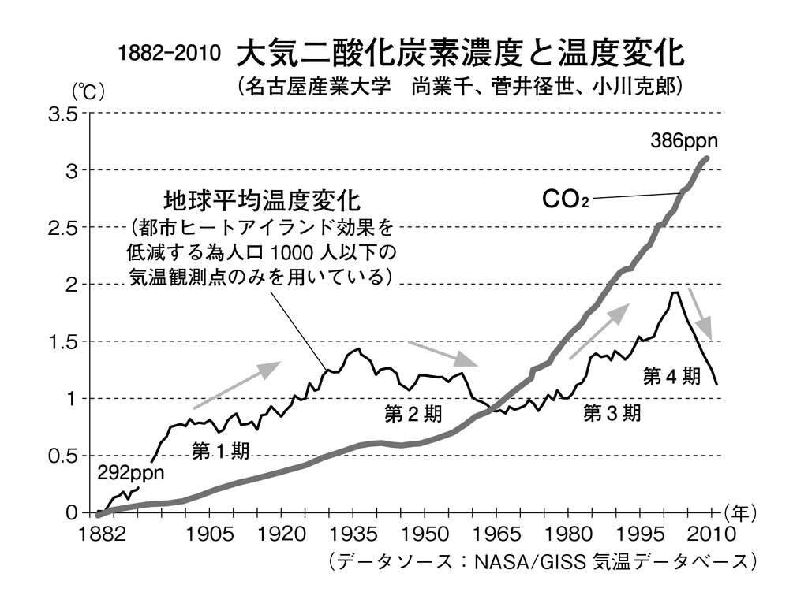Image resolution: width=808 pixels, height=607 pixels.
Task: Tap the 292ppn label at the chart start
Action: tap(131, 474)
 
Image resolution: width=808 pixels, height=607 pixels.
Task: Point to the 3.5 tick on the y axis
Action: tap(63, 115)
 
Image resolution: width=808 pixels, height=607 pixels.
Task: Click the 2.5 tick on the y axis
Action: tap(63, 229)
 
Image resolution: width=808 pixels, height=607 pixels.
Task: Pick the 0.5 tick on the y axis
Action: tap(63, 456)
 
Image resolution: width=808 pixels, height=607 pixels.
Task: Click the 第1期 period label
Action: tap(221, 451)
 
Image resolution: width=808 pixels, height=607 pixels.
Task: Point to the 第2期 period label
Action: tap(413, 414)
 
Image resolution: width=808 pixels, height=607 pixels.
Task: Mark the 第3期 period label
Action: tap(612, 414)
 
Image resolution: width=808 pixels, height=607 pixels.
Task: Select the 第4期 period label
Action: tap(671, 377)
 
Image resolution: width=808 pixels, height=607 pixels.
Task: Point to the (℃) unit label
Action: tap(88, 91)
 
